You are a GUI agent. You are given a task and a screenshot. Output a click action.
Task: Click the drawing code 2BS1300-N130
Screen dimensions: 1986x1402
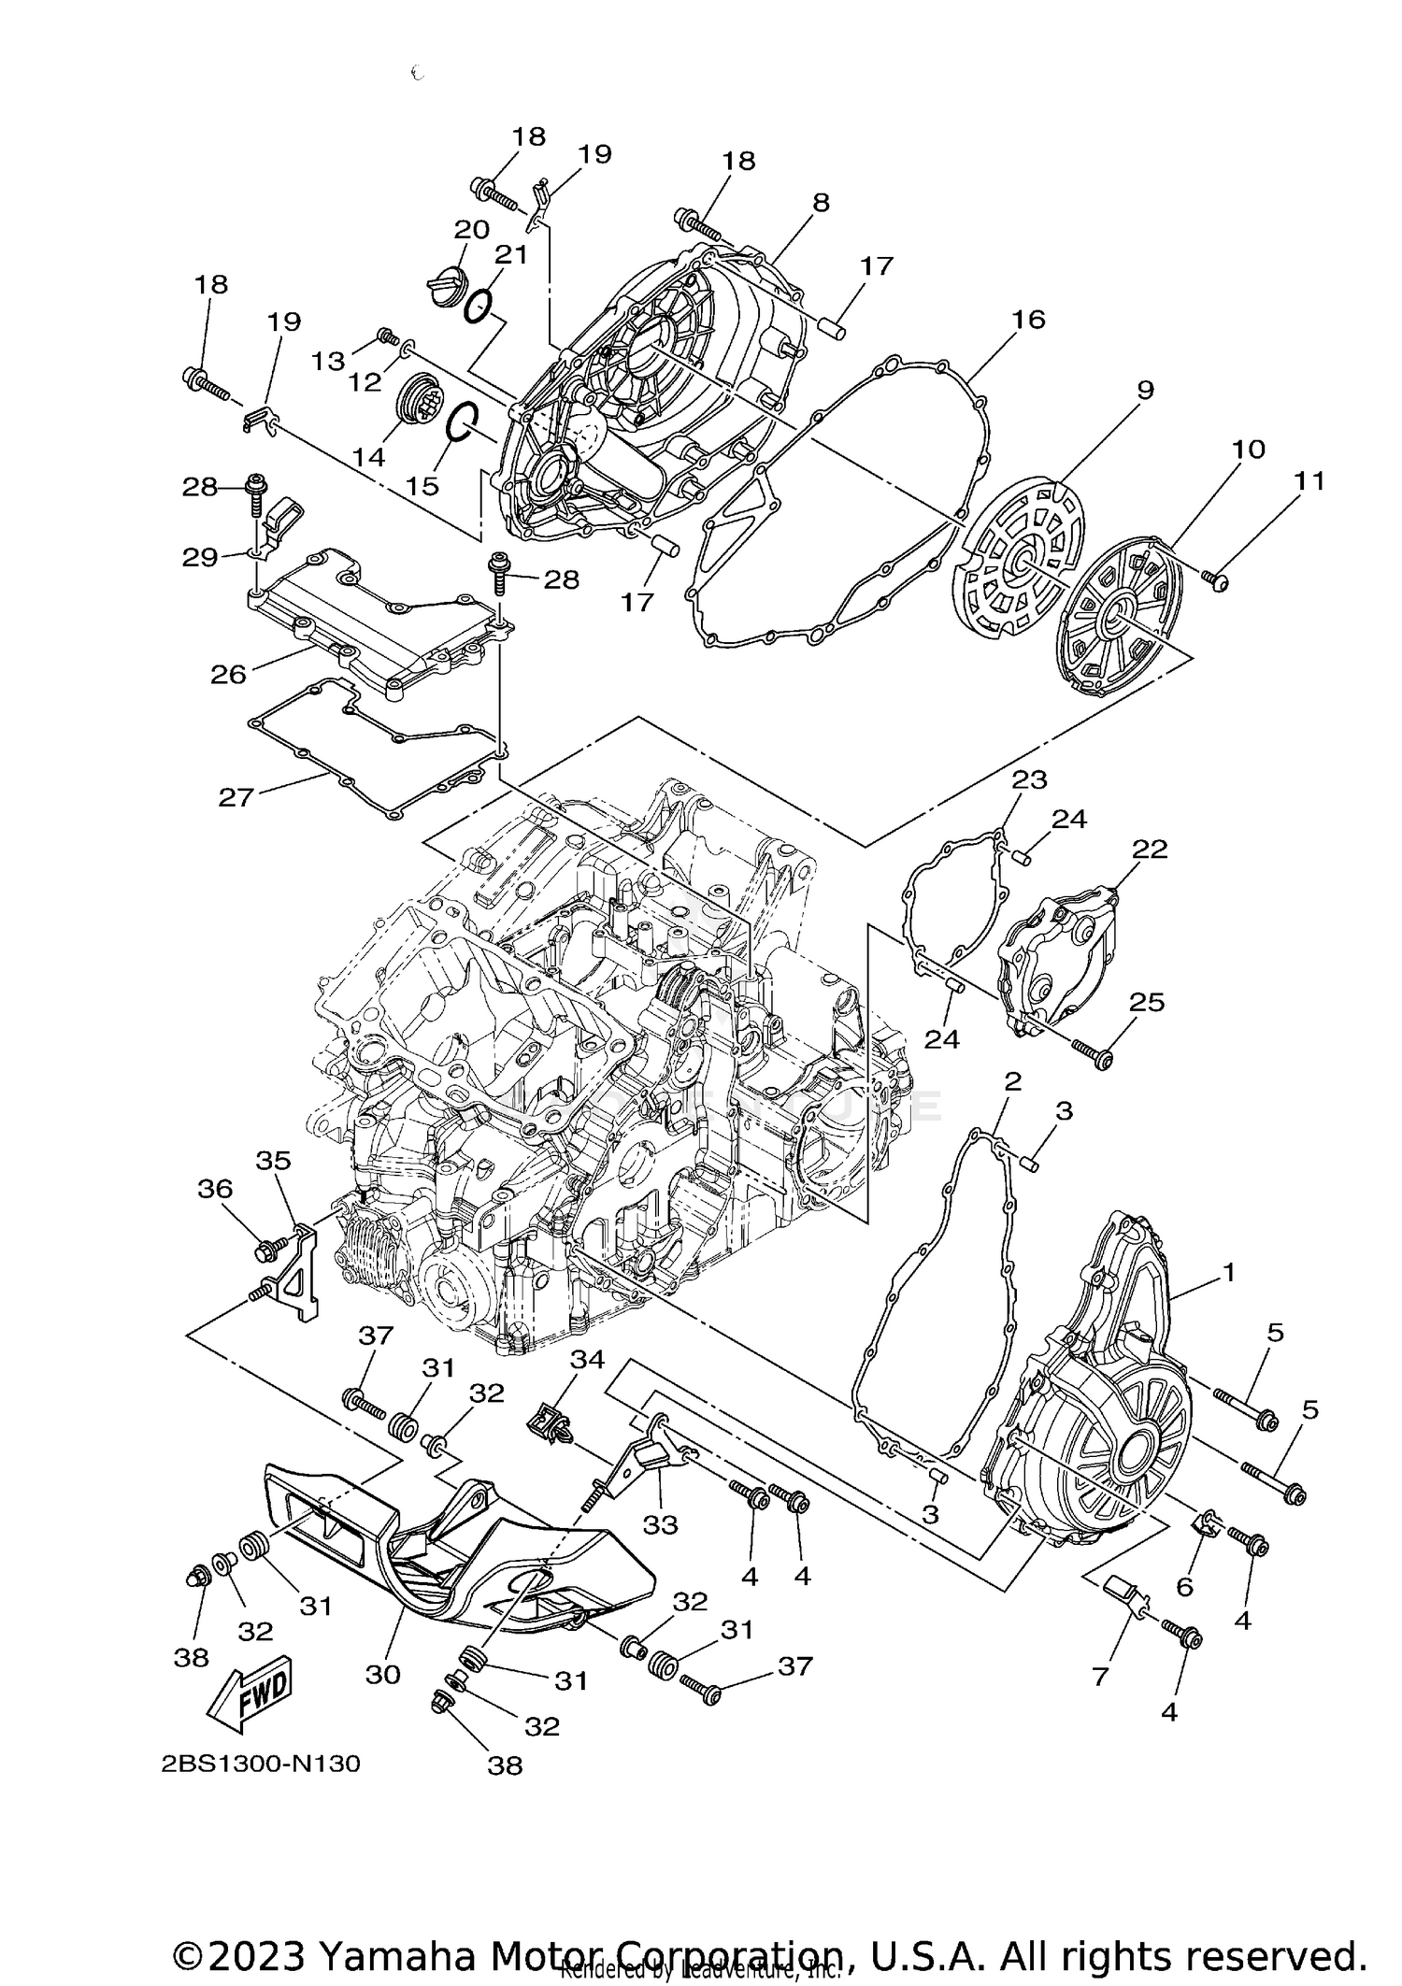[x=260, y=1764]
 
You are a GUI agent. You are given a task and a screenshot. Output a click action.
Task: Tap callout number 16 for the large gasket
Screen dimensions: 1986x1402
[x=1027, y=320]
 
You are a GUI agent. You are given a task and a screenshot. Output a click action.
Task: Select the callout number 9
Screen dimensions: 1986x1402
[x=1144, y=390]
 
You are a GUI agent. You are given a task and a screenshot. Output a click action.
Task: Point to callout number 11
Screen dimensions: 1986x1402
[x=1309, y=481]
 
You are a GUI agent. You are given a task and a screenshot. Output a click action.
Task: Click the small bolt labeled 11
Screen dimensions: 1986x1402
[x=1218, y=581]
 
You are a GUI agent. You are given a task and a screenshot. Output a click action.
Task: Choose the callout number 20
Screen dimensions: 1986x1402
[x=472, y=229]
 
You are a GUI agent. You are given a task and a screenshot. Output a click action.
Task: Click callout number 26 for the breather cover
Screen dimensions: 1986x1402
[x=229, y=673]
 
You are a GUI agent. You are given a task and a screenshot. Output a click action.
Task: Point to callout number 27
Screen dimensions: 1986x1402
[x=236, y=797]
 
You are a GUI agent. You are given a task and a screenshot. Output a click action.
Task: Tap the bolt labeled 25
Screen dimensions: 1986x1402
[x=1092, y=1053]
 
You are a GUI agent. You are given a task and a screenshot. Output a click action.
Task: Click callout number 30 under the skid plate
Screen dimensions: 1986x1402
[x=382, y=1674]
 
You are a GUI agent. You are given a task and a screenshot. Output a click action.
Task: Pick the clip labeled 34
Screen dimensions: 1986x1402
[x=547, y=1424]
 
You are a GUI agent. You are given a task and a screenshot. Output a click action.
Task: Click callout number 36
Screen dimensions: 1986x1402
[x=214, y=1190]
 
